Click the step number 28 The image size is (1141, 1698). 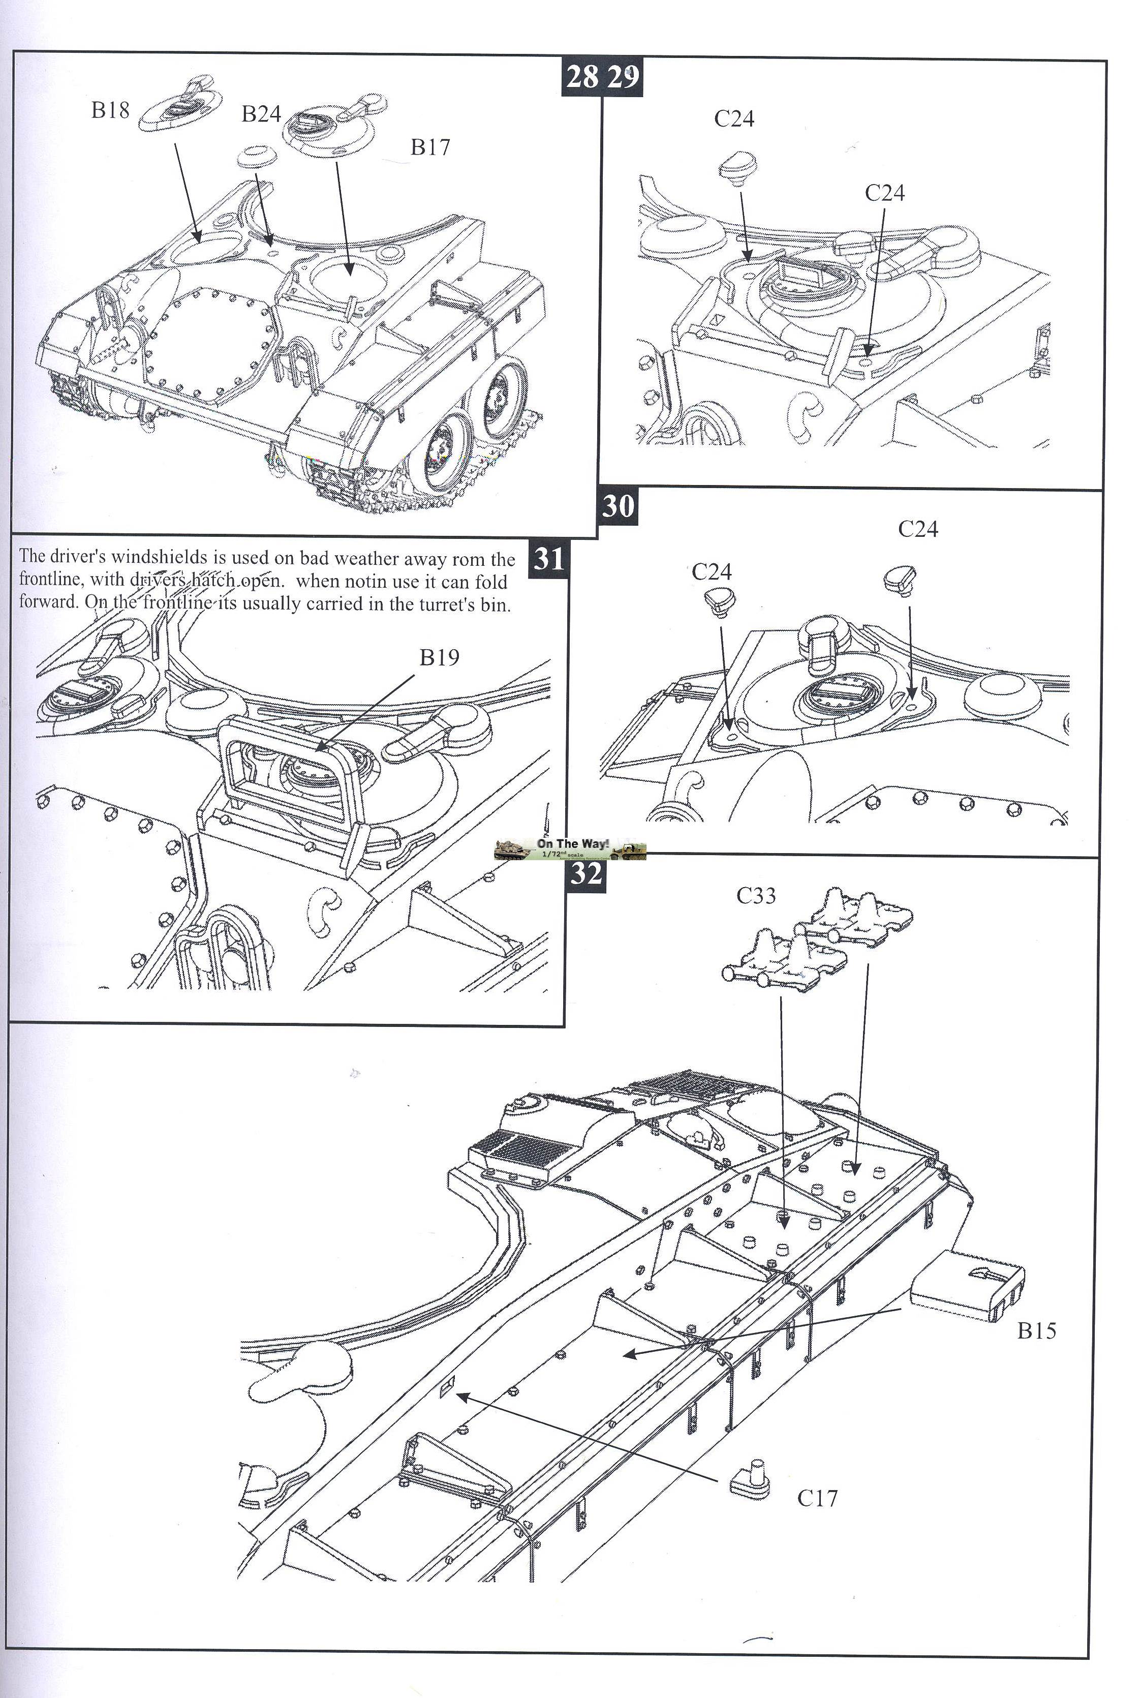pyautogui.click(x=582, y=76)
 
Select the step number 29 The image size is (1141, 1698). pyautogui.click(x=623, y=76)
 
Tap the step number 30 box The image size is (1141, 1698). pyautogui.click(x=618, y=506)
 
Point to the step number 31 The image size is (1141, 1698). pyautogui.click(x=549, y=558)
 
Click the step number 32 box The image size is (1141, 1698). pyautogui.click(x=586, y=873)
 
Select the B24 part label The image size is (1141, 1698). pyautogui.click(x=261, y=114)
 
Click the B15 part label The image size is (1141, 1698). pyautogui.click(x=1036, y=1330)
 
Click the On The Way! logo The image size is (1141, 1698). pyautogui.click(x=570, y=848)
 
